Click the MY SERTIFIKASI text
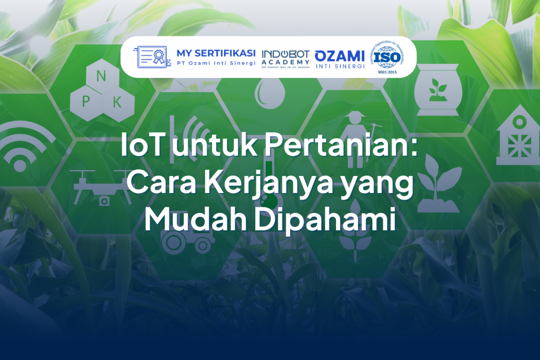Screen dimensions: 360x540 [216, 53]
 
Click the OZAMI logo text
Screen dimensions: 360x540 [340, 55]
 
